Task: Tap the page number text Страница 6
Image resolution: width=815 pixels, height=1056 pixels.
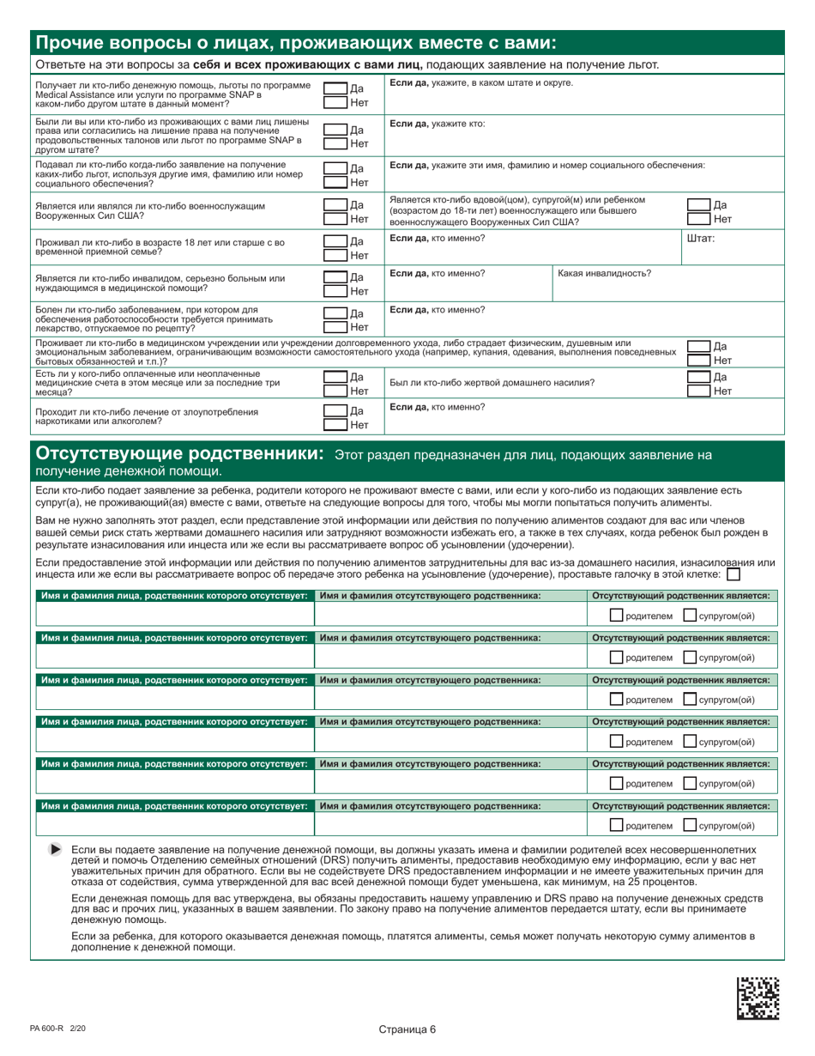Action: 407,1029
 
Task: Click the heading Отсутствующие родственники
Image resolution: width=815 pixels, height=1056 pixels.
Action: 179,452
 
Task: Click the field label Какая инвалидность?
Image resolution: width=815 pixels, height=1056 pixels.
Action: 604,273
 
